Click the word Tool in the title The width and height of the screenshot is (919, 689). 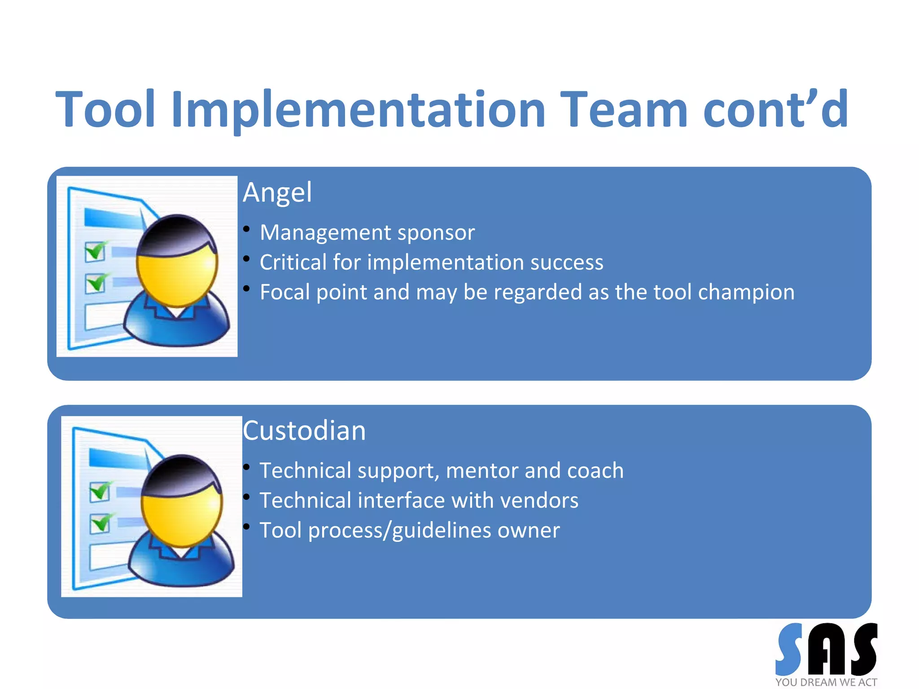tap(105, 109)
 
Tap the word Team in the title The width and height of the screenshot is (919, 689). tap(624, 109)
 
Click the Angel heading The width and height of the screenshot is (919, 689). tap(277, 192)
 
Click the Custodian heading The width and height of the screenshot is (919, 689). tap(304, 431)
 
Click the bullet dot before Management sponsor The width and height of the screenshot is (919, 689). tap(246, 229)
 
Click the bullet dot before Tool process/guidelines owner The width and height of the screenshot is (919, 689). tap(246, 527)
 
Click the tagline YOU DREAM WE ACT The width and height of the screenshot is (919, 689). tap(826, 682)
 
